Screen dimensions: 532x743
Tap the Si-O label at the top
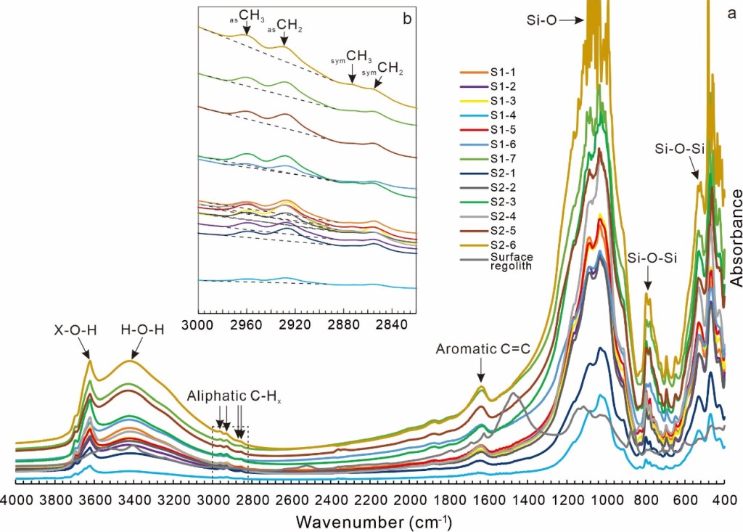541,20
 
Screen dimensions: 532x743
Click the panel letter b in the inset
406,20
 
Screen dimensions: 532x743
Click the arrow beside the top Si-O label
571,20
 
